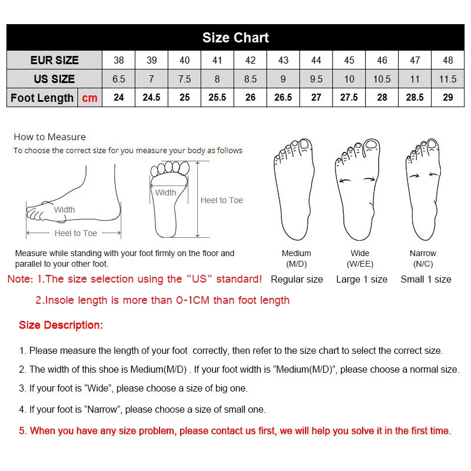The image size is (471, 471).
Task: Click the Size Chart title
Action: [235, 38]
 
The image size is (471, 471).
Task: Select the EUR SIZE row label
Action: [54, 60]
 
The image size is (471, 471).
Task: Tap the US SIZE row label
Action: [54, 79]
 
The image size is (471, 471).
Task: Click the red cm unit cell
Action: [89, 98]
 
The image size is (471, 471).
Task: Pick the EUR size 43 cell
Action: [283, 60]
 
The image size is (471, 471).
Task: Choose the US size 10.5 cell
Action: [382, 79]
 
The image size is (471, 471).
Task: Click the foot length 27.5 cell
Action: [349, 98]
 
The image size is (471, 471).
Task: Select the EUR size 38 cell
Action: [119, 60]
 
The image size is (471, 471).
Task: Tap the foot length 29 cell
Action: [447, 98]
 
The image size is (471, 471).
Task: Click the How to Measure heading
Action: [49, 137]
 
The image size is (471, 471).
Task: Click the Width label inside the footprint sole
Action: [165, 193]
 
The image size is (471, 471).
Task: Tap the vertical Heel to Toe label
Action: [221, 200]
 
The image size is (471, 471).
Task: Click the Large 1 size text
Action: [361, 279]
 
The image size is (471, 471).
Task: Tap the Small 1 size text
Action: [426, 279]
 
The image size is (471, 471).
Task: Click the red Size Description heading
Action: [61, 325]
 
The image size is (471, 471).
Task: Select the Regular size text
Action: [297, 279]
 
